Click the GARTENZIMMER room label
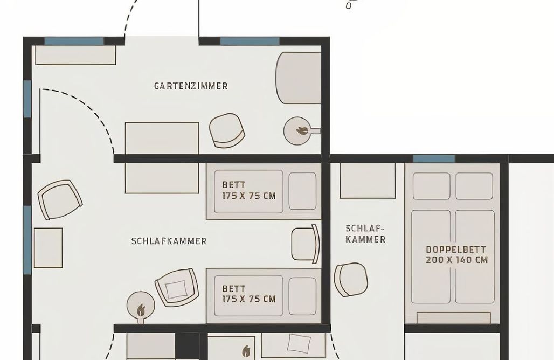(191, 86)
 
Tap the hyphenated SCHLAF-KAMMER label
(365, 233)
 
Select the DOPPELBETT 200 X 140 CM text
(456, 254)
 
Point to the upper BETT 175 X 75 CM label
(248, 190)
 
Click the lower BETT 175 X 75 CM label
(248, 294)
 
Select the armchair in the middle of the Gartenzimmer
(227, 130)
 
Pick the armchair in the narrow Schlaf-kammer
(351, 279)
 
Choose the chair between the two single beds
(305, 244)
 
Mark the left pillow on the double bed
(431, 186)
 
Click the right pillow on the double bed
(474, 186)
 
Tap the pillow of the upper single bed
(302, 191)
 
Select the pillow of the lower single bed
(302, 296)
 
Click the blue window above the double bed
(434, 158)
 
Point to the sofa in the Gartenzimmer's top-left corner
(75, 55)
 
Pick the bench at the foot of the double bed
(454, 317)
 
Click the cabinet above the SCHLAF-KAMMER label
(368, 180)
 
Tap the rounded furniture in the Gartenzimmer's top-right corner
(299, 78)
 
